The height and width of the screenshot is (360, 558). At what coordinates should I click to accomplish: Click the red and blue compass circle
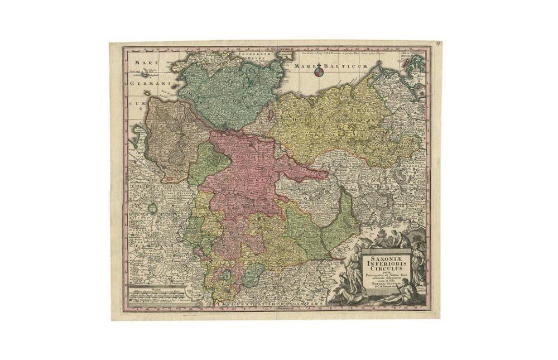click(x=318, y=71)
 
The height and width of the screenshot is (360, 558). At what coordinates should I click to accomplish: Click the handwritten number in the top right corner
click(x=439, y=42)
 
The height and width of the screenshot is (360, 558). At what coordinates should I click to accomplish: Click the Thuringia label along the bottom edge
click(x=268, y=303)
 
